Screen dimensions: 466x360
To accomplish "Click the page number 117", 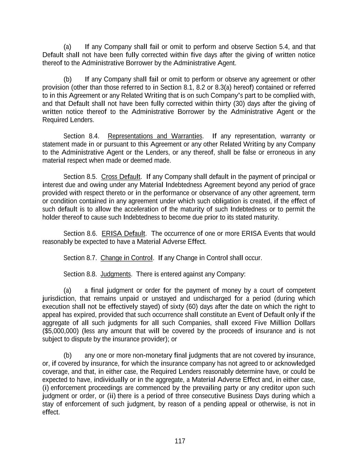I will click(180, 441).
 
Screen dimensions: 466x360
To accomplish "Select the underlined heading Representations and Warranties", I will click(155, 136).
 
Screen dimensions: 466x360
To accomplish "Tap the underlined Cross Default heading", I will click(121, 177).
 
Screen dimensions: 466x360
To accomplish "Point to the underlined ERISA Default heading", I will click(124, 234).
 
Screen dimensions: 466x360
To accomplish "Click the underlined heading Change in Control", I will click(127, 258).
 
